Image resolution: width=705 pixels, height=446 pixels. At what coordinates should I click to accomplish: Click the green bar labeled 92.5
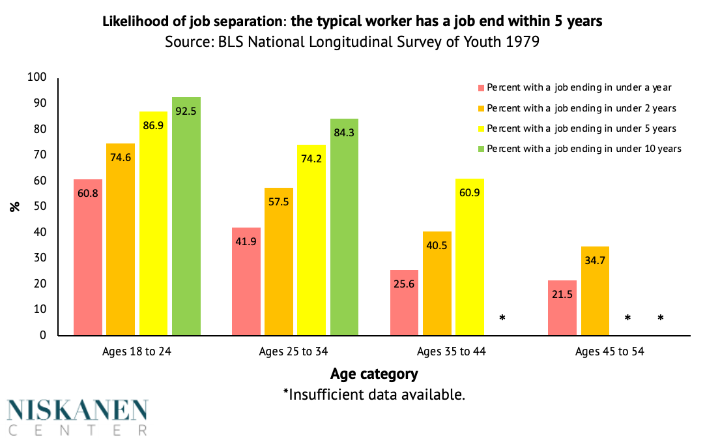pyautogui.click(x=186, y=215)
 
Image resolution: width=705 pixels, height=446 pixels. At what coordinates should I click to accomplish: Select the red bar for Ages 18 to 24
pyautogui.click(x=88, y=257)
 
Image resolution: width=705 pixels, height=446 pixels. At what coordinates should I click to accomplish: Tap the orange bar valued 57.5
pyautogui.click(x=279, y=261)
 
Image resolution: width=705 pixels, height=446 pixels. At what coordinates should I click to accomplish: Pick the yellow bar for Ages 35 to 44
pyautogui.click(x=470, y=257)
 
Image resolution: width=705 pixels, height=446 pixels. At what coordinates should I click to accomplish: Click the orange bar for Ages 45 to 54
pyautogui.click(x=595, y=290)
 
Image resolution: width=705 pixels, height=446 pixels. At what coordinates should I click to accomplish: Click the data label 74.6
pyautogui.click(x=121, y=157)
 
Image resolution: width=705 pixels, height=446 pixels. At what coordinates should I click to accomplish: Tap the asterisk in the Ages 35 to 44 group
pyautogui.click(x=502, y=318)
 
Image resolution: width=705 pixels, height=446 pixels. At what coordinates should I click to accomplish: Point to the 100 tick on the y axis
pyautogui.click(x=38, y=78)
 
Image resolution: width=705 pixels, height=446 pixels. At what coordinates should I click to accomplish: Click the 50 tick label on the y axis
pyautogui.click(x=40, y=207)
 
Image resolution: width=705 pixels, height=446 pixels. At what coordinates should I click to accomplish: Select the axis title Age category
pyautogui.click(x=374, y=374)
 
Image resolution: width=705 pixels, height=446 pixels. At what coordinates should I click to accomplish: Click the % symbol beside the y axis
pyautogui.click(x=14, y=207)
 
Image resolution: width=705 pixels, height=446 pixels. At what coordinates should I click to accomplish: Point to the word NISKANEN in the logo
pyautogui.click(x=78, y=410)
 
